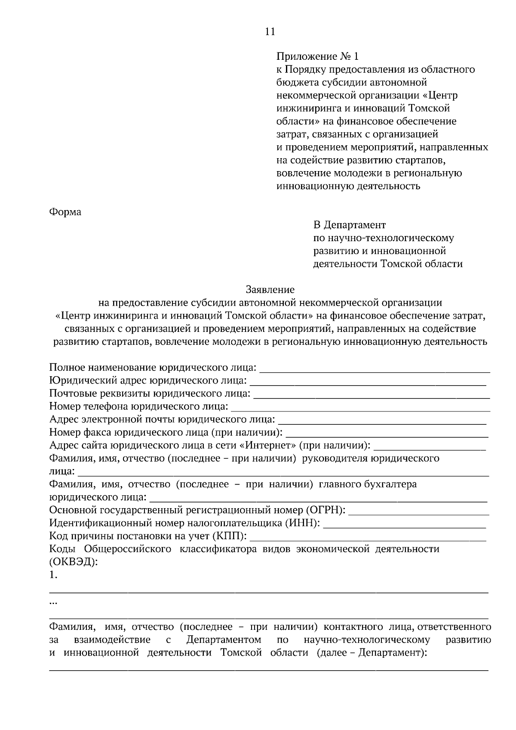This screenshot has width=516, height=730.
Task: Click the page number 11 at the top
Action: pyautogui.click(x=270, y=32)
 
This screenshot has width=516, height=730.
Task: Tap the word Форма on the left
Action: pyautogui.click(x=65, y=212)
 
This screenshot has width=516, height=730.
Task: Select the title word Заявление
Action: pyautogui.click(x=270, y=289)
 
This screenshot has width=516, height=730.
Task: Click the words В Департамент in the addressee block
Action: pyautogui.click(x=349, y=225)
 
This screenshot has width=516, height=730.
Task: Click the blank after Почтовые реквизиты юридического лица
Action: pyautogui.click(x=372, y=395)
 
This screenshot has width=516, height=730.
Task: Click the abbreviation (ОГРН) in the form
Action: pyautogui.click(x=326, y=510)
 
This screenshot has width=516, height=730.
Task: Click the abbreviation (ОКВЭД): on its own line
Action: pyautogui.click(x=74, y=562)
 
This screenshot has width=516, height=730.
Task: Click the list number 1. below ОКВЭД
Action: pyautogui.click(x=53, y=575)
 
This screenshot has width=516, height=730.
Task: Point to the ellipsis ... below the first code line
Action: pyautogui.click(x=53, y=602)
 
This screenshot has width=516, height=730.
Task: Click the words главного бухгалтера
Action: pyautogui.click(x=368, y=484)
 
